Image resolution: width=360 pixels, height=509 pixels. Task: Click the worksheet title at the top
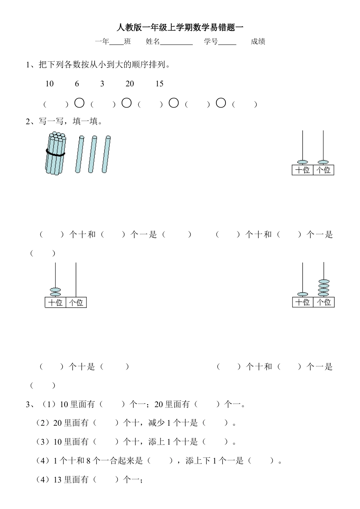180,27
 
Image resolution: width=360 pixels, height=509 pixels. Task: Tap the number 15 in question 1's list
159,84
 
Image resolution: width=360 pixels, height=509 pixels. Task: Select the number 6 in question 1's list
77,84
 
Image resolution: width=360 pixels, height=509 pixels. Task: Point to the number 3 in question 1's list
102,84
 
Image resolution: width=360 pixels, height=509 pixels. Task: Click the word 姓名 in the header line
153,42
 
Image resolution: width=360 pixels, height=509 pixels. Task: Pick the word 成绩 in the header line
258,42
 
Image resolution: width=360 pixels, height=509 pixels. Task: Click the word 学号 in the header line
211,42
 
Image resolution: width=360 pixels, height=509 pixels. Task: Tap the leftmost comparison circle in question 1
79,103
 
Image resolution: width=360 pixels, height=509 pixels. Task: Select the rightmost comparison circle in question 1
221,103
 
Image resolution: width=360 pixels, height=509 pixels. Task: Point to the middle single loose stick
92,154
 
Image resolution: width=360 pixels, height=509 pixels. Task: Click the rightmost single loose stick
106,154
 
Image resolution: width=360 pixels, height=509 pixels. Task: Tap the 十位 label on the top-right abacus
302,170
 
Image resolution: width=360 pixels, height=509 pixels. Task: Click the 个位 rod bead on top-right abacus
323,162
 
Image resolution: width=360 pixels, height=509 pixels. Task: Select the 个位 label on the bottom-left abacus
76,303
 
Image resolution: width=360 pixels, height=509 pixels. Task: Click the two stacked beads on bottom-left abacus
56,292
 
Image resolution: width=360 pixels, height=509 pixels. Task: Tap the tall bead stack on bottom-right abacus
324,288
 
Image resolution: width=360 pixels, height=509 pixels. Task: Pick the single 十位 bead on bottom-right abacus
303,294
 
